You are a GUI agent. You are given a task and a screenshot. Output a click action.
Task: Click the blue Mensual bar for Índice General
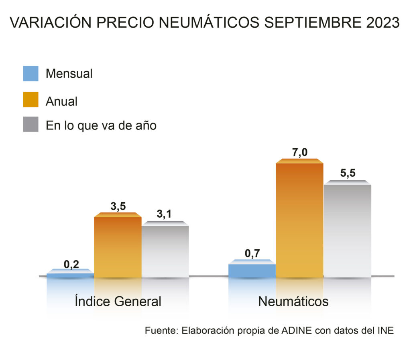70,275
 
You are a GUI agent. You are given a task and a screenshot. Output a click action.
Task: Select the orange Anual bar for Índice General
118,247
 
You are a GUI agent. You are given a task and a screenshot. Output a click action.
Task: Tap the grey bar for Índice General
165,251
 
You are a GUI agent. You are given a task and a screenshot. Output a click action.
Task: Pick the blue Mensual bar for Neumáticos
252,270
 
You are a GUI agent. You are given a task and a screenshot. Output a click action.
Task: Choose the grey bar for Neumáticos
347,231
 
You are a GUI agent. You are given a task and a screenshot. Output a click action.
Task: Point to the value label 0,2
71,264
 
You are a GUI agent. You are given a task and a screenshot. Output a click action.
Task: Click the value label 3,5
118,206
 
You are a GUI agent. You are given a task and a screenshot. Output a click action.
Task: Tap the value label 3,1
164,214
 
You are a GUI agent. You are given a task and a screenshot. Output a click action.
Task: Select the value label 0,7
253,253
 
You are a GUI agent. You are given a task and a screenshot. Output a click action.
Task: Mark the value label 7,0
300,152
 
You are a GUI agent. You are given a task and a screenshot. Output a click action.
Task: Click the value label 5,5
348,174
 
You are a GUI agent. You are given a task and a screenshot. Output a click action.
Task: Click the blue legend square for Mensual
31,74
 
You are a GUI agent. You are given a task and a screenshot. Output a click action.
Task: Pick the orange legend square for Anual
31,99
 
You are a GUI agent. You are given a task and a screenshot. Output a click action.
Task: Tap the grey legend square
31,125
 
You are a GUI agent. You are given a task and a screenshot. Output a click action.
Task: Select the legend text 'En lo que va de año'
101,125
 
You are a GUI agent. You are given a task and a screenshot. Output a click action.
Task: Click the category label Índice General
118,301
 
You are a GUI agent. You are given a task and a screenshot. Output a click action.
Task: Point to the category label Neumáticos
293,301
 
